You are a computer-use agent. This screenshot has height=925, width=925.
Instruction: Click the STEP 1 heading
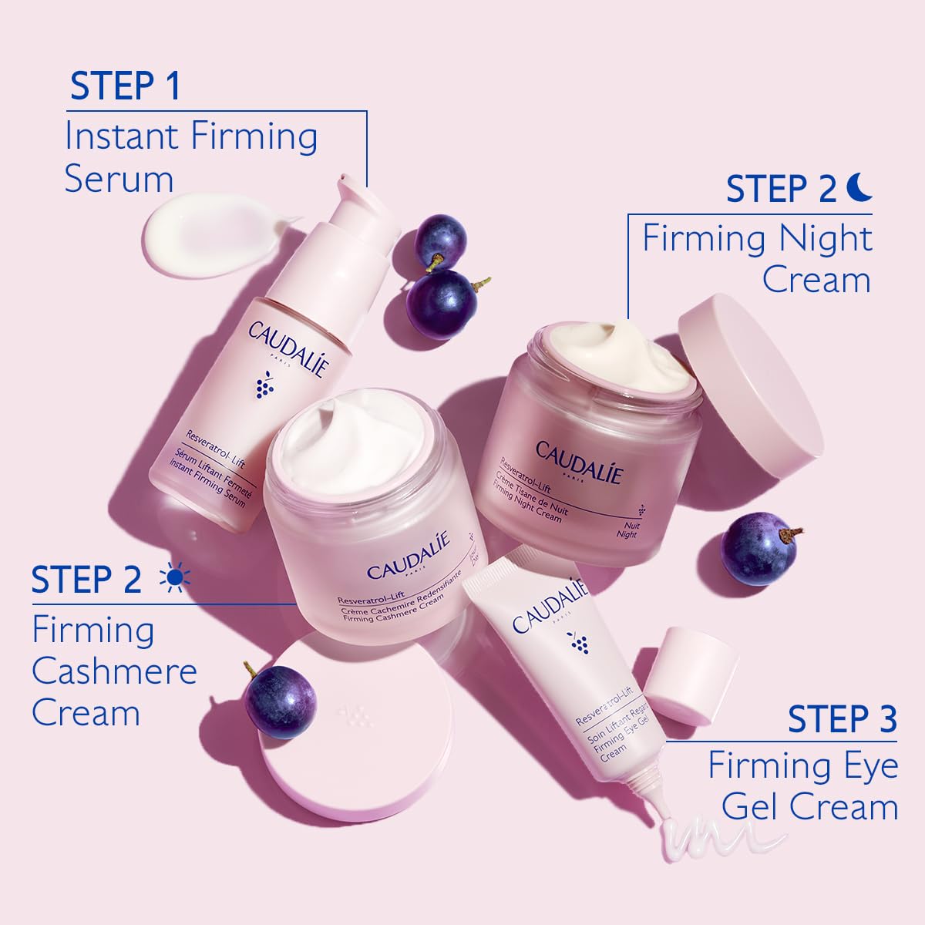(x=125, y=86)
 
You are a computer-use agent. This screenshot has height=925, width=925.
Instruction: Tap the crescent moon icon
(x=857, y=187)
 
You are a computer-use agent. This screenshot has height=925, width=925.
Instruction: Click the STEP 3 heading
(x=843, y=719)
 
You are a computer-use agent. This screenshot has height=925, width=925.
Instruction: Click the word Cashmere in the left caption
(x=114, y=671)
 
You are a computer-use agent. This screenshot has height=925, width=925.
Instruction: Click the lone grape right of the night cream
(x=758, y=547)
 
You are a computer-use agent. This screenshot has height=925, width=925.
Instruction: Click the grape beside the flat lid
(x=280, y=700)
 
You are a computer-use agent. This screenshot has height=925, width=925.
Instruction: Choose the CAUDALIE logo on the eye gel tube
(x=548, y=608)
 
